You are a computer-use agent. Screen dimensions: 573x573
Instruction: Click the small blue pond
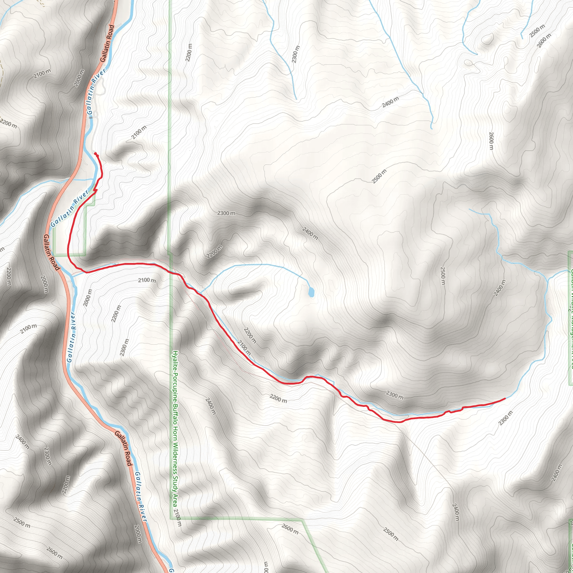tap(311, 292)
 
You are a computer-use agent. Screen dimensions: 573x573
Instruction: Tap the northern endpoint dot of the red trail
tap(95, 153)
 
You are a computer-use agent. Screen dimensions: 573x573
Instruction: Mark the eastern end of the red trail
tap(505, 399)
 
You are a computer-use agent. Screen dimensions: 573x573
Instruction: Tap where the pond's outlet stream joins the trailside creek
tap(201, 293)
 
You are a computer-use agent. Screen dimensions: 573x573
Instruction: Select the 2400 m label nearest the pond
tap(310, 233)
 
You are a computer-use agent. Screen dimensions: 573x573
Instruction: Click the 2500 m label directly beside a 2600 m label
tap(537, 31)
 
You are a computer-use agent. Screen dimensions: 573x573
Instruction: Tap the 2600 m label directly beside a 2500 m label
tap(544, 40)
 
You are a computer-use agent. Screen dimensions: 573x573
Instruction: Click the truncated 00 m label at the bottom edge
tap(266, 568)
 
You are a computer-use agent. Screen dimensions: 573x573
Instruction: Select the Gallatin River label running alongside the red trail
tap(70, 208)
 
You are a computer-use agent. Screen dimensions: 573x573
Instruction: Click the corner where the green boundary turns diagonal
tap(302, 520)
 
